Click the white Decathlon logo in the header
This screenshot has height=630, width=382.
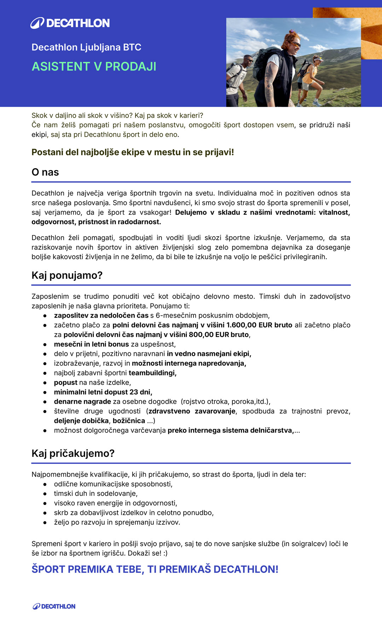tap(70, 23)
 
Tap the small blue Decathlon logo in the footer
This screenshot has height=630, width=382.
tap(54, 606)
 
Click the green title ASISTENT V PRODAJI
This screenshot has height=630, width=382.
tap(94, 67)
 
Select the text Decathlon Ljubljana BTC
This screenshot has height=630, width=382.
tap(86, 47)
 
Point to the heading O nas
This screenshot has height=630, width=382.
tap(45, 172)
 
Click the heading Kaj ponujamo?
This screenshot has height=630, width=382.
tap(67, 275)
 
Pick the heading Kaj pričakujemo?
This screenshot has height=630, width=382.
tap(73, 453)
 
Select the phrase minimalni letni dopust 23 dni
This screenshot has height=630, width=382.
tap(103, 392)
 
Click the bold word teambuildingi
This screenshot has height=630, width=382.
tap(152, 373)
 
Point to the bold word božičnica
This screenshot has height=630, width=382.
tap(129, 421)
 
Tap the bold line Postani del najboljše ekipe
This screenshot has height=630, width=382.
tap(133, 152)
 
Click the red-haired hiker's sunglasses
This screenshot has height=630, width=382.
tap(295, 44)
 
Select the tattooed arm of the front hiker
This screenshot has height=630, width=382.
tap(270, 83)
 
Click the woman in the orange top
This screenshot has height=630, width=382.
tap(310, 78)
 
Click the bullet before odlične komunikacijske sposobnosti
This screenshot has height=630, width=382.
tap(45, 484)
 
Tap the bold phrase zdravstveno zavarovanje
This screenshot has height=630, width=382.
tap(192, 411)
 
